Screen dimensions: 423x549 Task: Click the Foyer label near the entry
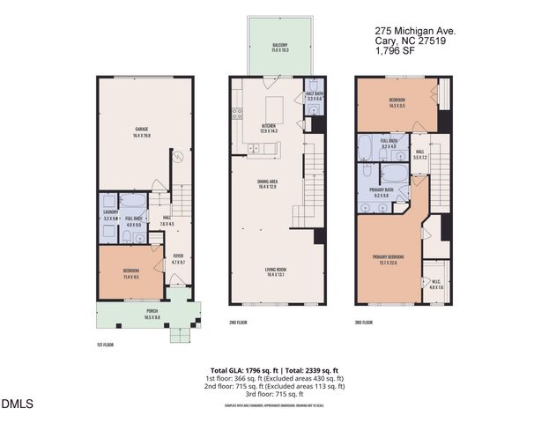pyautogui.click(x=177, y=260)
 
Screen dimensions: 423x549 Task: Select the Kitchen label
pyautogui.click(x=269, y=129)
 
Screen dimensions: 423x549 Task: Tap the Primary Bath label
pyautogui.click(x=382, y=192)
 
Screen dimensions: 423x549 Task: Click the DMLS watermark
pyautogui.click(x=17, y=404)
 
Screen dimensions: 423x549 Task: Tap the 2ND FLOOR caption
pyautogui.click(x=238, y=323)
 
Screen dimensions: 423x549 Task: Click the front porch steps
pyautogui.click(x=182, y=332)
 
